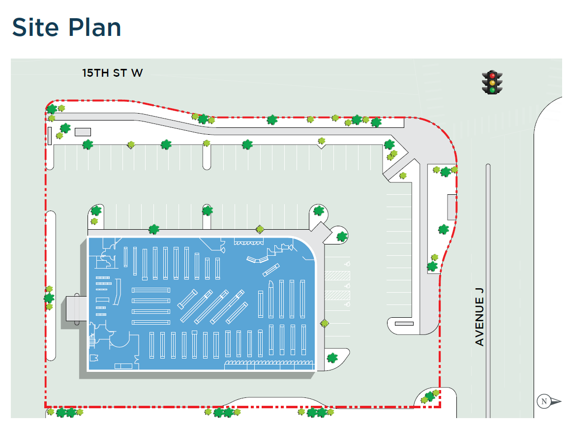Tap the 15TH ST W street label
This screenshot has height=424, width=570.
pyautogui.click(x=112, y=73)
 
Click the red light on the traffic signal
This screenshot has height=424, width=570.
pyautogui.click(x=492, y=76)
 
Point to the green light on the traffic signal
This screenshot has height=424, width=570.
pyautogui.click(x=492, y=91)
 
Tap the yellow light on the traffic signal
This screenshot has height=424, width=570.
pyautogui.click(x=492, y=83)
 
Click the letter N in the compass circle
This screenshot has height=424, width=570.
pyautogui.click(x=544, y=401)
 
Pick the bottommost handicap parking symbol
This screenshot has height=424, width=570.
pyautogui.click(x=348, y=304)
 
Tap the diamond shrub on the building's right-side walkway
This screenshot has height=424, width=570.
pyautogui.click(x=324, y=323)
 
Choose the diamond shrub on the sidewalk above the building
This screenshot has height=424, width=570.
pyautogui.click(x=260, y=229)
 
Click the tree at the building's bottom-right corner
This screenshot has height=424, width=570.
pyautogui.click(x=332, y=358)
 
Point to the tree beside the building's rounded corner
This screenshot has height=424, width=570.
pyautogui.click(x=342, y=237)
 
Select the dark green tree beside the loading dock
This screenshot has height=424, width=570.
pyautogui.click(x=49, y=298)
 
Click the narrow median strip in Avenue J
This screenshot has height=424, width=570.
pyautogui.click(x=488, y=290)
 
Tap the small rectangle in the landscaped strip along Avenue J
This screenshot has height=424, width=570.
pyautogui.click(x=451, y=207)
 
